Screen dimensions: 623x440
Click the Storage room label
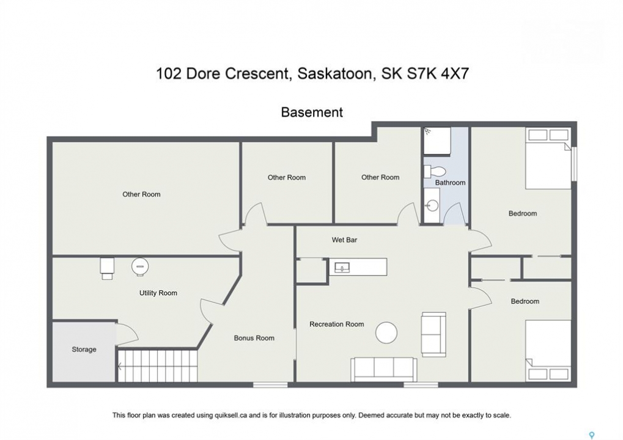click(x=84, y=350)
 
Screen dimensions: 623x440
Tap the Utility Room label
click(x=158, y=293)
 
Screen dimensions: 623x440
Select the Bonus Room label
click(x=254, y=338)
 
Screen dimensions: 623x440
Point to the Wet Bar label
click(x=344, y=240)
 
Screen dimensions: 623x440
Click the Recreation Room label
click(x=336, y=324)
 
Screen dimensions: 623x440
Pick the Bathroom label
click(x=450, y=183)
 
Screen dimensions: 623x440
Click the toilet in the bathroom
click(x=435, y=172)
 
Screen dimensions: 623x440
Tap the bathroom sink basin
click(x=432, y=205)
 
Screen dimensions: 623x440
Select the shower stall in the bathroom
click(x=437, y=141)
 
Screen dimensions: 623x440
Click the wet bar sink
click(x=342, y=268)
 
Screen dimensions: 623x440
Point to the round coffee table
click(x=386, y=332)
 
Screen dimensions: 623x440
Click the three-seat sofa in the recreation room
click(x=383, y=369)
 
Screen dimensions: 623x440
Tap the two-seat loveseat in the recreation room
click(x=433, y=334)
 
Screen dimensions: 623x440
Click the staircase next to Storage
click(x=158, y=365)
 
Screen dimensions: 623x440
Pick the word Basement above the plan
click(x=312, y=112)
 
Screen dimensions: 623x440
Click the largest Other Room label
click(x=141, y=194)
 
